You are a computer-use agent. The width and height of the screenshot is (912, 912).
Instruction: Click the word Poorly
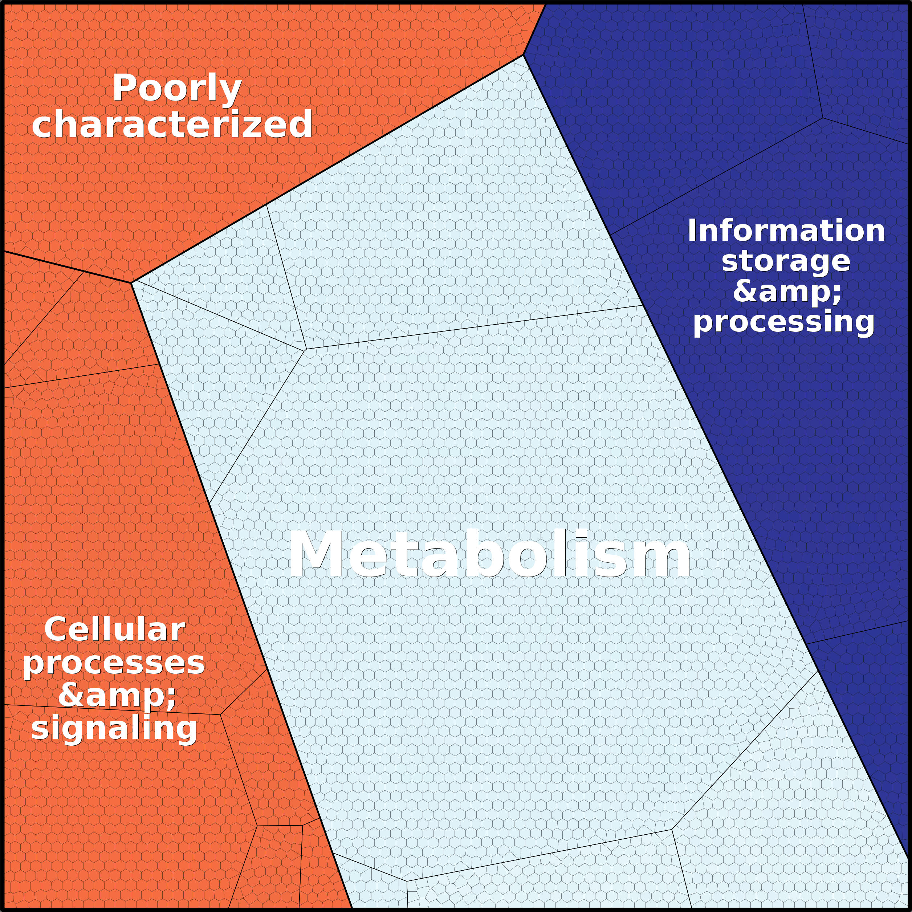[x=177, y=88]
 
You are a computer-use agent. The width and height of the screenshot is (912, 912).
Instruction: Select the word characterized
[x=172, y=124]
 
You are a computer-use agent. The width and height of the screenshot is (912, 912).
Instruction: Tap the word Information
[x=786, y=231]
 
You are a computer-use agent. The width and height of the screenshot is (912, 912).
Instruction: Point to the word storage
[x=786, y=261]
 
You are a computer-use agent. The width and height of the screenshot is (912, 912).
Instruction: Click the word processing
[x=783, y=322]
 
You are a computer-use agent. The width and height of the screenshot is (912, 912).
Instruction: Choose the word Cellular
[x=114, y=630]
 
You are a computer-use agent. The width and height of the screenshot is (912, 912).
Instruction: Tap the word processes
[x=114, y=663]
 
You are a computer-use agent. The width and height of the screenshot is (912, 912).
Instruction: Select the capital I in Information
[x=692, y=231]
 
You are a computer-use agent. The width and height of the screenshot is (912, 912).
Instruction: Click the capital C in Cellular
[x=56, y=630]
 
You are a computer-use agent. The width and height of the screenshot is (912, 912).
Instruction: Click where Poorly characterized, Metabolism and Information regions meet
[x=523, y=55]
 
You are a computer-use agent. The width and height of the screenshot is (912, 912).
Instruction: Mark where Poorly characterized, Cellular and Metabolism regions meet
[x=131, y=282]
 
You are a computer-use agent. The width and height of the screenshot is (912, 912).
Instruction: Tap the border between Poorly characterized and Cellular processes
[x=68, y=267]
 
